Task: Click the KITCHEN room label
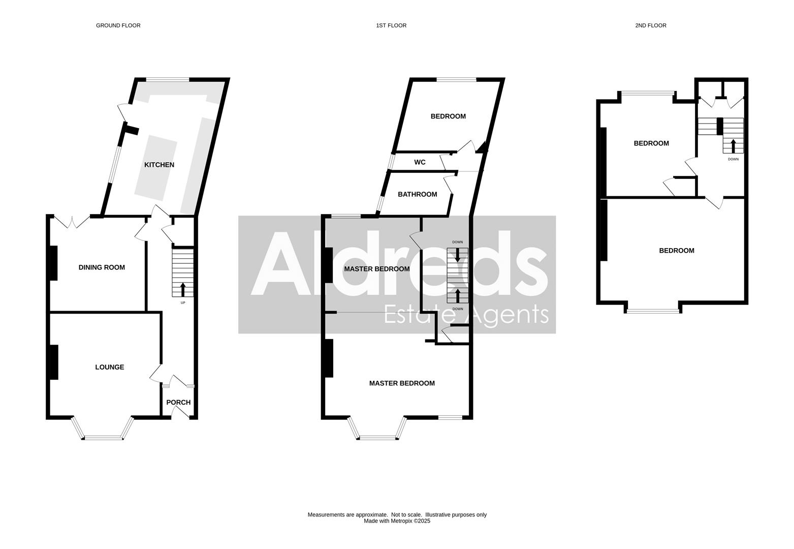[x=159, y=165]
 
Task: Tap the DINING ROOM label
[x=102, y=267]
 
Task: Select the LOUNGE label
[x=110, y=367]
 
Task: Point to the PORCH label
[x=178, y=403]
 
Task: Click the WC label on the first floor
[x=420, y=162]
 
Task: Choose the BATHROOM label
[x=417, y=194]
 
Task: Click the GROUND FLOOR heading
[x=118, y=25]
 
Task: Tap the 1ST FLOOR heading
[x=391, y=25]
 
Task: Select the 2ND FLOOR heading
[x=651, y=25]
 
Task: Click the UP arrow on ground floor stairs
[x=183, y=289]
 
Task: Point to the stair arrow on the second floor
[x=733, y=145]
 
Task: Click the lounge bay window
[x=103, y=437]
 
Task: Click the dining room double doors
[x=72, y=221]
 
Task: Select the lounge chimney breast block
[x=53, y=362]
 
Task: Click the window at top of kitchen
[x=168, y=79]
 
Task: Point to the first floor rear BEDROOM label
[x=448, y=116]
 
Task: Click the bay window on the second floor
[x=653, y=311]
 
